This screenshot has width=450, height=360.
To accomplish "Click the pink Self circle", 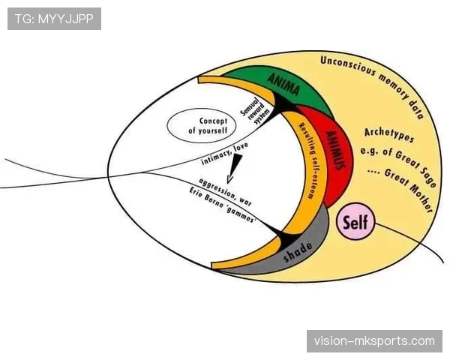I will [355, 223].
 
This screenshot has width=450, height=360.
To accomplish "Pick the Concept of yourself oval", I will [202, 125].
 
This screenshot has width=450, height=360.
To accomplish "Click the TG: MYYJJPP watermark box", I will [54, 19].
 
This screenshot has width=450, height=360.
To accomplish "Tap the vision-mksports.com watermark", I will [375, 341].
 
